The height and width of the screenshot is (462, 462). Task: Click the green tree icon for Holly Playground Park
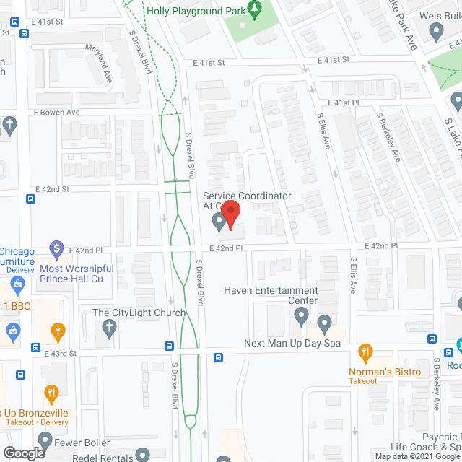point(253,9)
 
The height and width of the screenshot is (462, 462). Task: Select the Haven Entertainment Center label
point(271,295)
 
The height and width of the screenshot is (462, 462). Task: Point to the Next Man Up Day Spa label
point(292,344)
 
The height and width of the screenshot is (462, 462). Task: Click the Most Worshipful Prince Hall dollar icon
point(57,250)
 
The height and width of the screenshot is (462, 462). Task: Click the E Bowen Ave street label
point(56,113)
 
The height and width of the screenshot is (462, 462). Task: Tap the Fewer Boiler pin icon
point(45,440)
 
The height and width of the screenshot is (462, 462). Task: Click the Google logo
point(23,453)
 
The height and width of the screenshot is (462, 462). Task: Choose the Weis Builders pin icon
point(436,31)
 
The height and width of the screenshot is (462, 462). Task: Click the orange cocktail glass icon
point(57,331)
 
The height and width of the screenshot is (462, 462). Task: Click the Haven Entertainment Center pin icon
point(302,315)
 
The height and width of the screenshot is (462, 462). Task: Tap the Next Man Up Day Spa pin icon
point(323,323)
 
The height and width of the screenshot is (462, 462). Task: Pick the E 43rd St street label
point(57,354)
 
